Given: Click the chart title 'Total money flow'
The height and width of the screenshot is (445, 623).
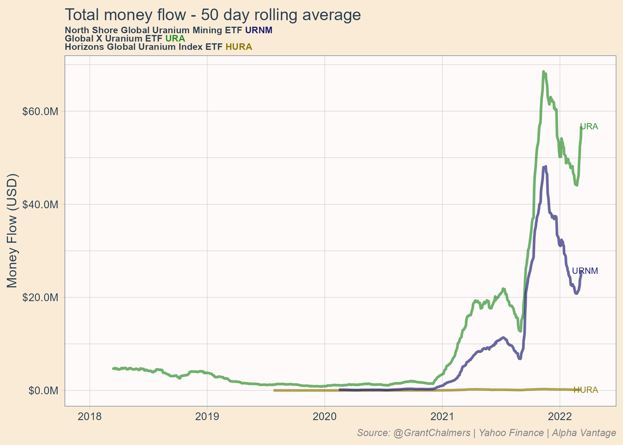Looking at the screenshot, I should pyautogui.click(x=212, y=15).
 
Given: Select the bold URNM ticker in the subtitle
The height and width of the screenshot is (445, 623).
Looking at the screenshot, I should pyautogui.click(x=259, y=30).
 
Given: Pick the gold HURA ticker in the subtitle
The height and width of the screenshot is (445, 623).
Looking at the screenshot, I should pyautogui.click(x=239, y=47).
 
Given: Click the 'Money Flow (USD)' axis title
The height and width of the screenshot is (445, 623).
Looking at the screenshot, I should pyautogui.click(x=12, y=230).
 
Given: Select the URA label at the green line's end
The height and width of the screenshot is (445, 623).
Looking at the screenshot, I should pyautogui.click(x=589, y=126).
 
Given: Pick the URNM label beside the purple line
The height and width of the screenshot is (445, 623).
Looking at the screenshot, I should pyautogui.click(x=585, y=271).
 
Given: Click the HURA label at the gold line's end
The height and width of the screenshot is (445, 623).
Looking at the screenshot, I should pyautogui.click(x=586, y=390).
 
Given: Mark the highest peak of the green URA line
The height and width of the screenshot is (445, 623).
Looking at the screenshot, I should pyautogui.click(x=543, y=72).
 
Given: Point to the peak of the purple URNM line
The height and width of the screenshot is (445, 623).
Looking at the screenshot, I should pyautogui.click(x=544, y=166).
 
